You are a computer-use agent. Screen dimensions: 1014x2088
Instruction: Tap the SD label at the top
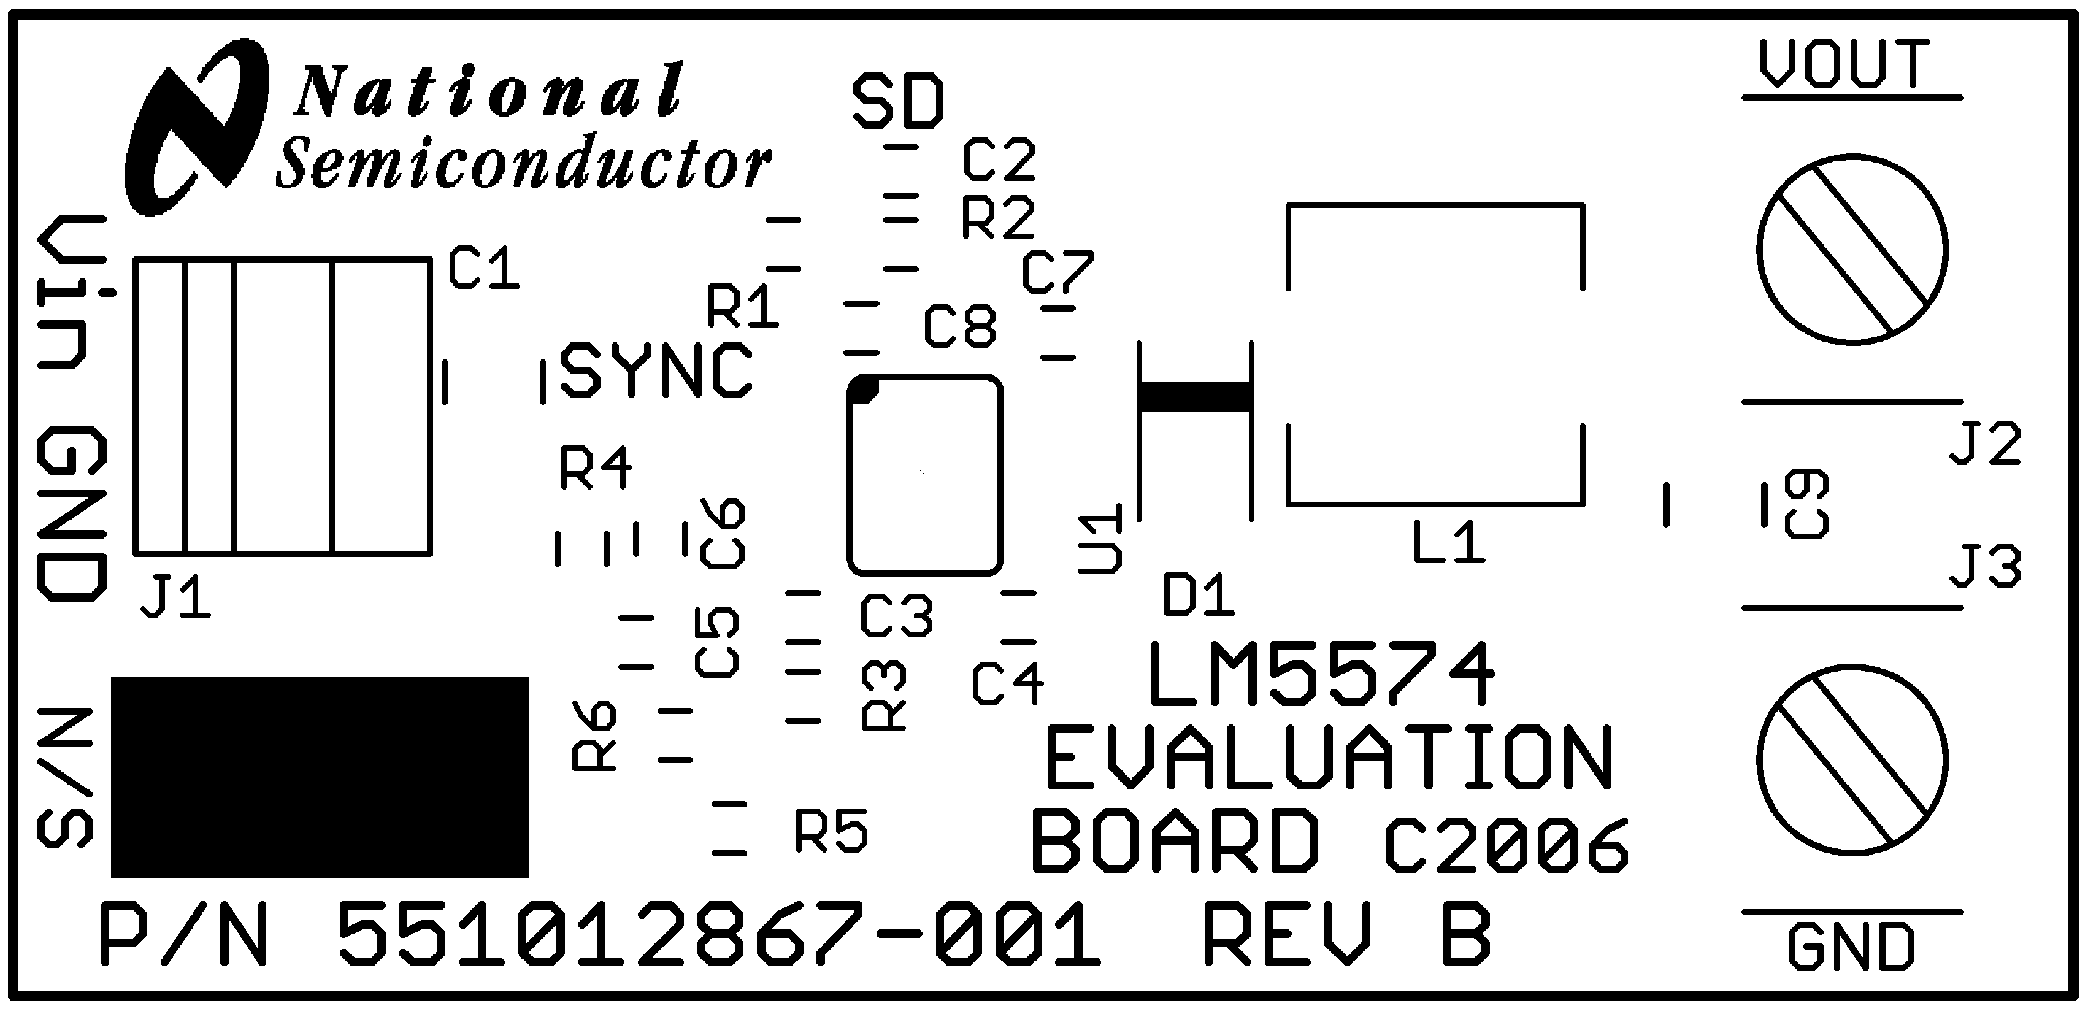[899, 103]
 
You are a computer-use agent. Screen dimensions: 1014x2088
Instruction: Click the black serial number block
[320, 777]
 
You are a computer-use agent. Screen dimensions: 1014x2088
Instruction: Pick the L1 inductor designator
[1448, 542]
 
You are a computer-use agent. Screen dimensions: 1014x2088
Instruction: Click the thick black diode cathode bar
[1195, 396]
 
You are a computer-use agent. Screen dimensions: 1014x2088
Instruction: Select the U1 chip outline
[925, 476]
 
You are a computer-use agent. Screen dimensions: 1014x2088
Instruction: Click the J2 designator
[1985, 444]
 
